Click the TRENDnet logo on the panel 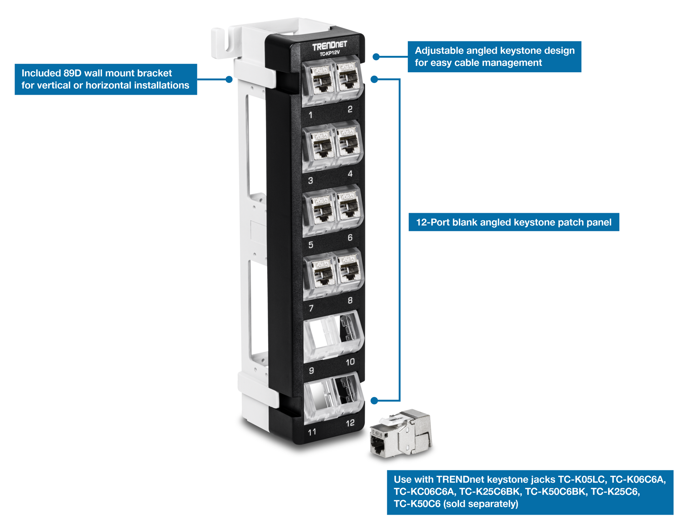coord(329,46)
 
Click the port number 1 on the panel coord(311,115)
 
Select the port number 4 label coord(350,174)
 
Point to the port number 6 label coord(350,237)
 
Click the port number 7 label coord(311,308)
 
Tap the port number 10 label coord(350,362)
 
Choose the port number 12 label coord(350,423)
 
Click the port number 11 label coord(312,432)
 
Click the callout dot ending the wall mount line coord(229,79)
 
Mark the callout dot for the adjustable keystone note coord(376,57)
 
